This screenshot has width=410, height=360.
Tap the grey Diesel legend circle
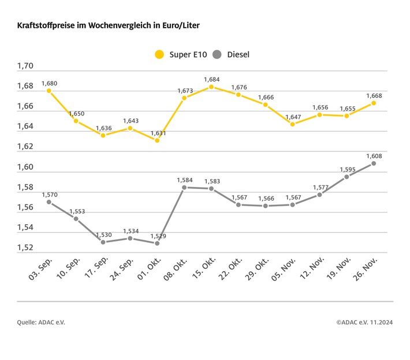[217, 55]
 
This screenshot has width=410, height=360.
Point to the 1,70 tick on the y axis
[25, 66]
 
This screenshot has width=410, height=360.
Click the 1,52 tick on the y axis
[25, 248]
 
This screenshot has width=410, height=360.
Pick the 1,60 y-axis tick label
[25, 168]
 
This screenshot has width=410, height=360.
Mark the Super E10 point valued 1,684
[211, 87]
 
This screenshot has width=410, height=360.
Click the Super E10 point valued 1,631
[157, 140]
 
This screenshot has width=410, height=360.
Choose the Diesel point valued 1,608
[374, 164]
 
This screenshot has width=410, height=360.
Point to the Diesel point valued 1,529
[157, 243]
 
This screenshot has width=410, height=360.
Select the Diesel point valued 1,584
[184, 187]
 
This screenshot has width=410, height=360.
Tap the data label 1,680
[49, 83]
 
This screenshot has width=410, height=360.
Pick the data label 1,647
[293, 117]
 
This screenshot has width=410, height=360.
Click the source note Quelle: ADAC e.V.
[41, 322]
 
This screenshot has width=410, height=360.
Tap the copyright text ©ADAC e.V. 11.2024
[364, 322]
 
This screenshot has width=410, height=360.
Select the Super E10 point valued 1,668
[374, 103]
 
